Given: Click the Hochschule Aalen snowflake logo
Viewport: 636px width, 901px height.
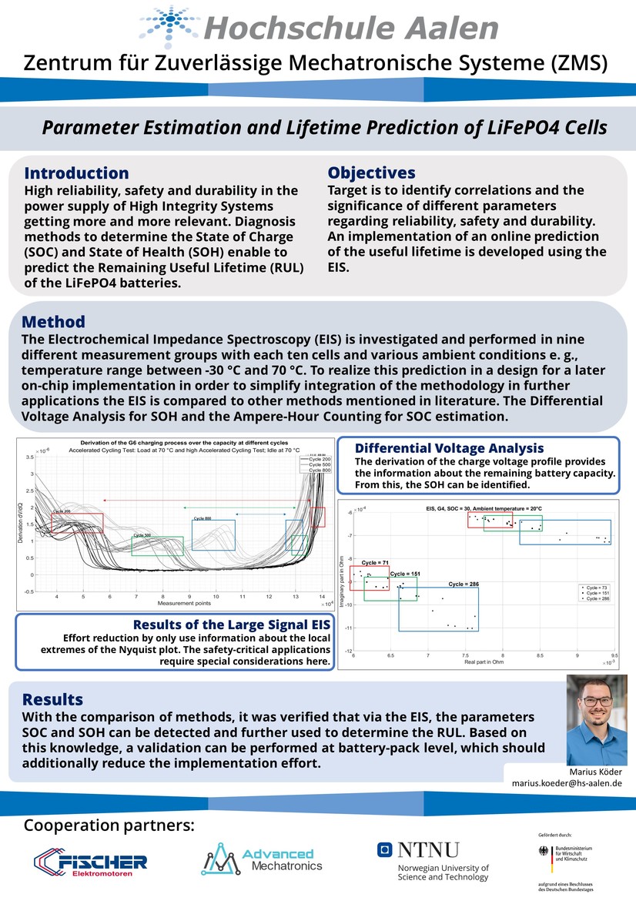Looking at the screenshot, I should click(169, 26).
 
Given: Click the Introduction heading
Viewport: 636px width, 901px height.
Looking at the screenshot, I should click(76, 173).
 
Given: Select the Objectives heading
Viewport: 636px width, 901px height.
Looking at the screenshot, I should click(371, 172).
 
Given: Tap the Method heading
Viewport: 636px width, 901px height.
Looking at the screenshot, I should click(53, 322).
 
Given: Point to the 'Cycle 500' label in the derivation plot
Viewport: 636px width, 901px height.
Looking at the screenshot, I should click(142, 534).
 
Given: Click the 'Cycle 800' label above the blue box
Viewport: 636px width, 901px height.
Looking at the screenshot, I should click(202, 518).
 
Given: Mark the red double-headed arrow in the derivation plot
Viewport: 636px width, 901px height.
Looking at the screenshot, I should click(208, 501).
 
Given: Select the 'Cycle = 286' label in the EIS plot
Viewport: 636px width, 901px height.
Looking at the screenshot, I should click(464, 584).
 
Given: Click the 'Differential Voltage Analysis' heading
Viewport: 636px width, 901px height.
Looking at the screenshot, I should click(449, 448).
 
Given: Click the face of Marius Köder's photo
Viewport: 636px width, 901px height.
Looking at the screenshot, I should click(596, 705).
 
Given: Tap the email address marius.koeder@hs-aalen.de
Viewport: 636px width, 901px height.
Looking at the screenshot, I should click(567, 782).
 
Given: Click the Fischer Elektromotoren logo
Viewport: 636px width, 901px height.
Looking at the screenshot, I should click(91, 862).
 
